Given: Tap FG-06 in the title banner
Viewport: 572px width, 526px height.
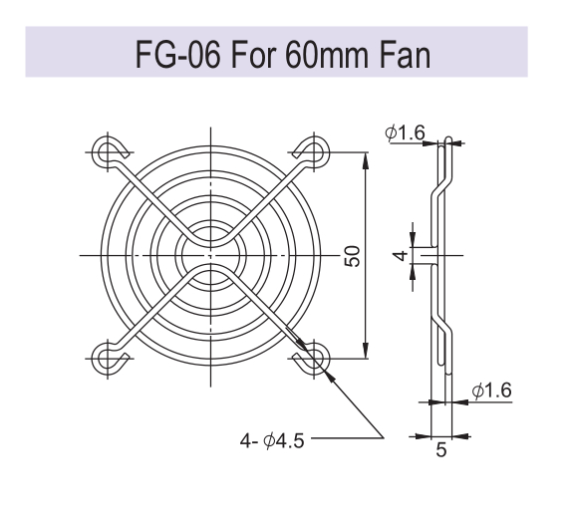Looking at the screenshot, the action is point(178,54).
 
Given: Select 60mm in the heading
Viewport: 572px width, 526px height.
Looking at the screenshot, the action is point(328,54).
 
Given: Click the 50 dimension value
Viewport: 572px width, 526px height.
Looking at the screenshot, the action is point(353,256).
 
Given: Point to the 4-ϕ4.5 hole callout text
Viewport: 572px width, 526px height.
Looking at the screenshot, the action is point(272,440).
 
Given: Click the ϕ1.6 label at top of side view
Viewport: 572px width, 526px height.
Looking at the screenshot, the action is point(406,132).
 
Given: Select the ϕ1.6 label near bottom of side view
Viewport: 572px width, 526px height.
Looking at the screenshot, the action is point(491,391).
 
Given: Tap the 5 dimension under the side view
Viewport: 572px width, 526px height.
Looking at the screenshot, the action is point(441,450).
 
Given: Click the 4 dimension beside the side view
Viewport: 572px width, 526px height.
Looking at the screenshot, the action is point(401,256).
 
